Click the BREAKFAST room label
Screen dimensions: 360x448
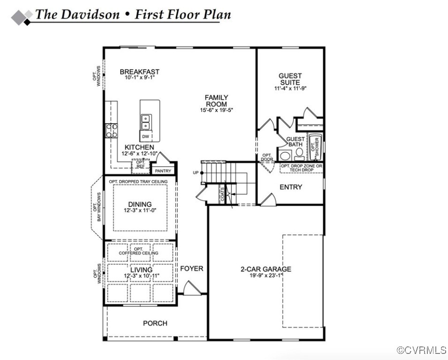(x=139, y=72)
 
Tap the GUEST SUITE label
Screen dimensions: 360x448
(x=290, y=79)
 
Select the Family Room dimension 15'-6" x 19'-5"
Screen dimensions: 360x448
(x=216, y=110)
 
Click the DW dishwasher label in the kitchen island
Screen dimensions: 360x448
(x=145, y=136)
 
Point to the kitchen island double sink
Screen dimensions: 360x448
(x=145, y=122)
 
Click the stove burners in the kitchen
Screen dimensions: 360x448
(x=112, y=130)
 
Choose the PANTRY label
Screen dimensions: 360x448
(x=163, y=171)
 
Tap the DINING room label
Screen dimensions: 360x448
(x=140, y=204)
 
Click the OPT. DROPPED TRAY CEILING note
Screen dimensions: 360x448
(x=139, y=181)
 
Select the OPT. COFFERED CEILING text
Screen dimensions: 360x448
(x=138, y=251)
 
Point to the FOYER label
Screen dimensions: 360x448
(x=192, y=269)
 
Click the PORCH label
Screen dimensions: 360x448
(x=155, y=323)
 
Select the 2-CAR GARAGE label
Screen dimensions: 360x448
(x=266, y=269)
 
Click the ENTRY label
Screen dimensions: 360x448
(x=291, y=187)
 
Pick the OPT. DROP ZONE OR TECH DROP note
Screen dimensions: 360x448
(x=301, y=168)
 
